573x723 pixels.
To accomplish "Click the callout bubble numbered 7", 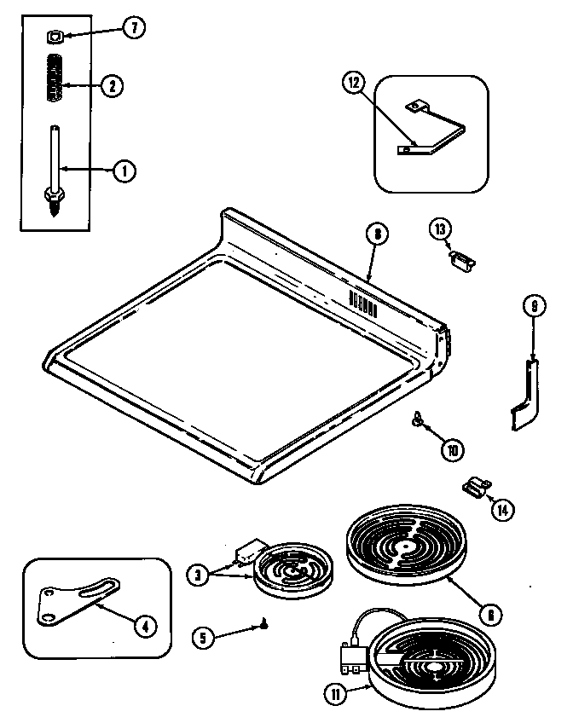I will pyautogui.click(x=134, y=29).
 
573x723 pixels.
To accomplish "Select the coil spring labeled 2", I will pyautogui.click(x=55, y=79).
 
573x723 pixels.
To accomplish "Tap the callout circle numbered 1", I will pyautogui.click(x=124, y=171).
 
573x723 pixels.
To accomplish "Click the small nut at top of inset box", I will pyautogui.click(x=53, y=37).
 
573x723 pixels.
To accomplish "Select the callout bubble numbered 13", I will pyautogui.click(x=440, y=228).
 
